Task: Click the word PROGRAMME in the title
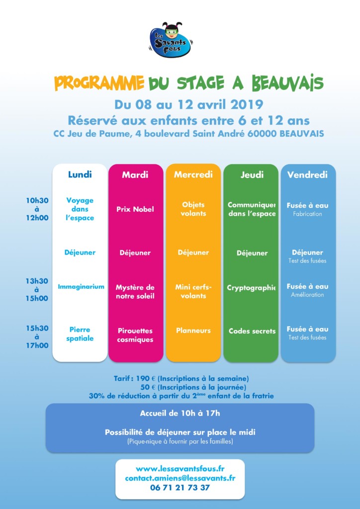click(x=99, y=83)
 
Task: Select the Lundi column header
click(x=80, y=174)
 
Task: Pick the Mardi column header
click(x=135, y=175)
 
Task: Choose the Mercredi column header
click(x=193, y=174)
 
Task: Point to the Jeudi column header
click(x=252, y=175)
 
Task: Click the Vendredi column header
click(x=307, y=175)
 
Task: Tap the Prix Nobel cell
click(x=135, y=209)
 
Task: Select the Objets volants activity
click(x=193, y=209)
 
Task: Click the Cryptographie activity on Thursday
click(x=252, y=288)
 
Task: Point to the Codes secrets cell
click(x=252, y=331)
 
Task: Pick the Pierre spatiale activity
click(x=80, y=334)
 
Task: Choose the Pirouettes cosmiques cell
click(x=135, y=335)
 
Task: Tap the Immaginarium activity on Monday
click(x=81, y=287)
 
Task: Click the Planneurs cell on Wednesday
click(x=193, y=331)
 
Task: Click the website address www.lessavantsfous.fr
click(x=180, y=469)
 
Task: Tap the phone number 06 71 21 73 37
click(x=180, y=488)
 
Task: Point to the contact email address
click(x=180, y=478)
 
